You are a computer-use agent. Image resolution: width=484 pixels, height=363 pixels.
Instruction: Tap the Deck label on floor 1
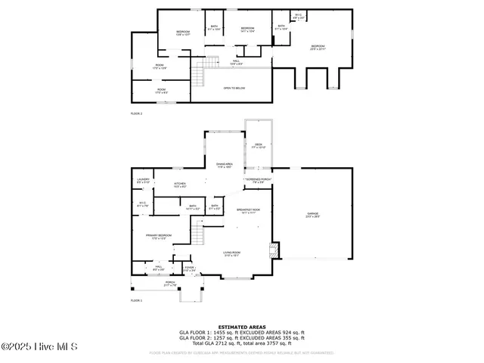tap(258, 145)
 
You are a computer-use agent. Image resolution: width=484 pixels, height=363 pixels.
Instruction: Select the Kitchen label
tap(180, 185)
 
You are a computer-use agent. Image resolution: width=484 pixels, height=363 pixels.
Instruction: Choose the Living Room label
tap(231, 254)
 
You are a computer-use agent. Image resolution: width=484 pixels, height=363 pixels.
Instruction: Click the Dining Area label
tap(225, 165)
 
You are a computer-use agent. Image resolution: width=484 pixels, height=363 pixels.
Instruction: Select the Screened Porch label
tap(258, 180)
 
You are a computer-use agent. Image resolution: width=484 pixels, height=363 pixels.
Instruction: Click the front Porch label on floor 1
tap(170, 284)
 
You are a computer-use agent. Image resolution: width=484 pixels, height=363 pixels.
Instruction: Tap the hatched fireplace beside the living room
tap(275, 250)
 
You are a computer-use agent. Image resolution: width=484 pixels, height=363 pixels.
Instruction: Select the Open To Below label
tap(234, 88)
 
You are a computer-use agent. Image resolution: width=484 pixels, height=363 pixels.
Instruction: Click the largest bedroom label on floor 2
tap(317, 48)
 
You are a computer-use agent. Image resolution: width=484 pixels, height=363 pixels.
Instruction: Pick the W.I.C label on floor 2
tap(298, 16)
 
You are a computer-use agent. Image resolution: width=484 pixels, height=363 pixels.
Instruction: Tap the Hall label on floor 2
tap(236, 62)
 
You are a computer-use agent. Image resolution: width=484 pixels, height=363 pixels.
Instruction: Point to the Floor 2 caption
tap(136, 113)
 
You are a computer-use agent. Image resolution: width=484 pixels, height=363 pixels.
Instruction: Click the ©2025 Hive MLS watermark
tap(39, 347)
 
